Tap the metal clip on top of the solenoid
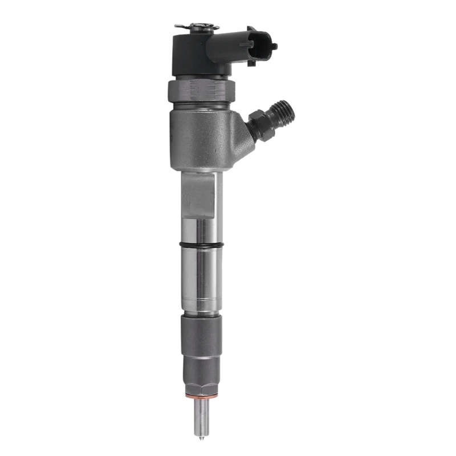(197, 26)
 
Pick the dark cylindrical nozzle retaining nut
(200, 336)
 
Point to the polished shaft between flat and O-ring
(201, 231)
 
